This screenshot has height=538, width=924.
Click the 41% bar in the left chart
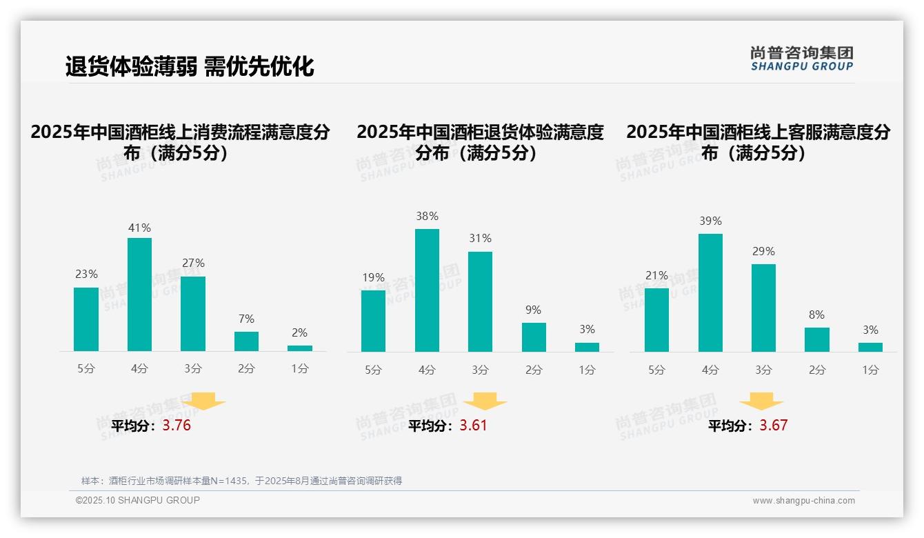click(139, 295)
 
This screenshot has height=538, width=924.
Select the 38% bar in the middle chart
click(427, 290)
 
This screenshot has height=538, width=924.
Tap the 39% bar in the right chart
click(710, 292)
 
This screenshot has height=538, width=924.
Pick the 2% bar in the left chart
click(300, 348)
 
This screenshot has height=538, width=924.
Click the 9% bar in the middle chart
click(534, 337)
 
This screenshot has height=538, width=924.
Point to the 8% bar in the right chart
click(817, 339)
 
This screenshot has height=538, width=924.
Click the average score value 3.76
click(177, 426)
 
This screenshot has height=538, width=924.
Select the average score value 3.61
click(473, 426)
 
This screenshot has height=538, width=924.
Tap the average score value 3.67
click(773, 426)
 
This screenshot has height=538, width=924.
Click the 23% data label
click(86, 274)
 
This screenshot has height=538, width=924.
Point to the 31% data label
click(480, 238)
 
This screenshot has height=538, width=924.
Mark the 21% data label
click(656, 275)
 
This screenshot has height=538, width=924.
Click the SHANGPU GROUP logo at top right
click(801, 59)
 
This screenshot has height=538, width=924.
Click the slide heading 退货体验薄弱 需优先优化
click(190, 66)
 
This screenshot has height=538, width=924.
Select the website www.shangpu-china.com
click(803, 501)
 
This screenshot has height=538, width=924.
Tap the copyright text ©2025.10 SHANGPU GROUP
click(138, 500)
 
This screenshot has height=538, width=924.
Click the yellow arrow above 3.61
click(485, 401)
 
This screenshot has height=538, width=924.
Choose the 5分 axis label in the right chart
click(656, 370)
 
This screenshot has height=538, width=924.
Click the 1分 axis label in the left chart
click(300, 368)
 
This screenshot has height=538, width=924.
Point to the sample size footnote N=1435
click(241, 481)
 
